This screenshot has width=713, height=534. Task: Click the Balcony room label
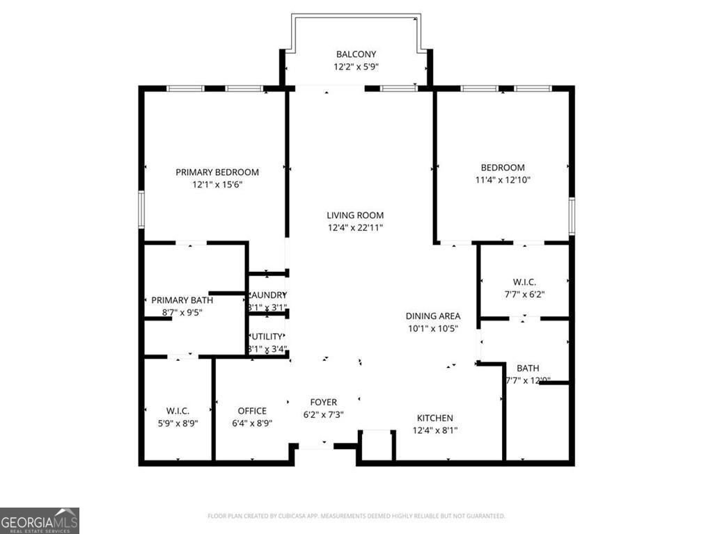pos(356,54)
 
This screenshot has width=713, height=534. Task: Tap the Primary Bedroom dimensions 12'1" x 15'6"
pos(217,185)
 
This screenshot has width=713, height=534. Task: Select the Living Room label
pos(355,215)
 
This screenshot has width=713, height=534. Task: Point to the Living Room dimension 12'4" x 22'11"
pos(355,227)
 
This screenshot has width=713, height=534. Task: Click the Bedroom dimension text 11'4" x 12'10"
pos(503,179)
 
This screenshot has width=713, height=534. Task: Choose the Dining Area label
pos(434,316)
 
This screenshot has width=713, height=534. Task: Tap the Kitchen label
pos(434,418)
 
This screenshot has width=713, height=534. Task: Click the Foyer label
pos(323,402)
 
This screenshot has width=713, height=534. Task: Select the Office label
pos(252,410)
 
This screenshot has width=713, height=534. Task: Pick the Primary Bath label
pos(182,300)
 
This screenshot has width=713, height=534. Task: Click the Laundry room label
pos(268,295)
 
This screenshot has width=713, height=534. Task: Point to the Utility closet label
pos(268,337)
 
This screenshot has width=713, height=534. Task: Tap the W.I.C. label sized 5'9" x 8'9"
pos(178,410)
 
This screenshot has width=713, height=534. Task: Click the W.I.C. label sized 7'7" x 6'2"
pos(524,282)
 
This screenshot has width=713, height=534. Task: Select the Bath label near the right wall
pos(527,368)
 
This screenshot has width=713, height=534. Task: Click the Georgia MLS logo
pos(40,520)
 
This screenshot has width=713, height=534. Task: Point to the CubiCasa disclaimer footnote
pos(356,516)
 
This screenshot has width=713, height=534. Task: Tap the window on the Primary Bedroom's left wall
pos(141,209)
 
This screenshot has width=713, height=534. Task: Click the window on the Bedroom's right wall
pos(571,216)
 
